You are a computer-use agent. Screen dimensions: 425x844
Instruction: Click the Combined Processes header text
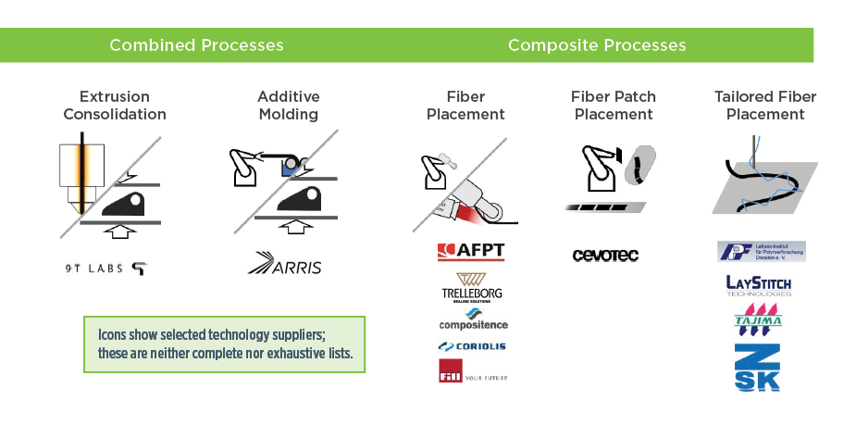click(x=196, y=45)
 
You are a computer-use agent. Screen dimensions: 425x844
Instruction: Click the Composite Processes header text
click(x=597, y=45)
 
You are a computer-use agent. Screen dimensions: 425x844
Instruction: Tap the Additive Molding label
click(x=288, y=106)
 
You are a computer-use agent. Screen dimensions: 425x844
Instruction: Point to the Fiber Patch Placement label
click(x=614, y=106)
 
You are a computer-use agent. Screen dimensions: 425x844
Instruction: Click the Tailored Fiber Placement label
click(x=765, y=106)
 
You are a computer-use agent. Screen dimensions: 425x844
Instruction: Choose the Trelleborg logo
click(x=473, y=288)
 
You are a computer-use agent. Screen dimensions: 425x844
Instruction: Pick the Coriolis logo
click(x=473, y=346)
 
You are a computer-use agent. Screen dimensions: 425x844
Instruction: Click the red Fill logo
click(x=452, y=370)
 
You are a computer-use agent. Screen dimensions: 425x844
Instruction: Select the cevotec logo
click(x=606, y=255)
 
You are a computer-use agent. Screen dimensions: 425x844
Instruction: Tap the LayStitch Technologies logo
click(x=759, y=284)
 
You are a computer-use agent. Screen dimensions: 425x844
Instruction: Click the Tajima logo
click(x=758, y=318)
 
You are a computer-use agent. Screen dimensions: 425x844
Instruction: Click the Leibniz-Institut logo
click(x=761, y=252)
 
